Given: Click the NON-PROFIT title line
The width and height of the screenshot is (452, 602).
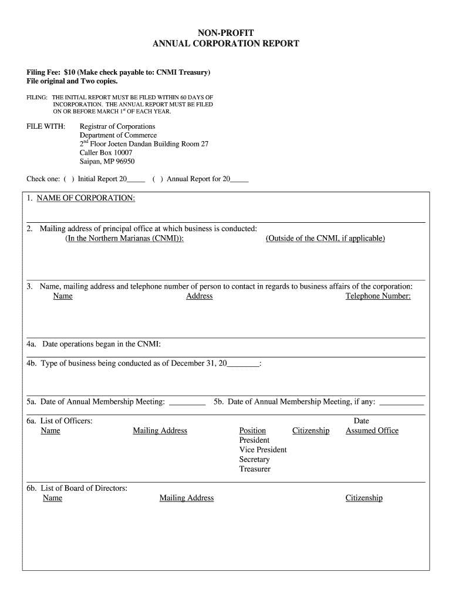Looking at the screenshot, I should [x=226, y=32].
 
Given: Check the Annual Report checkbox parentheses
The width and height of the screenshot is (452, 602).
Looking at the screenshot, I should [x=157, y=179].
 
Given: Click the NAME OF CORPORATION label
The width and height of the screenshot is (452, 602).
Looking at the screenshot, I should [x=86, y=198].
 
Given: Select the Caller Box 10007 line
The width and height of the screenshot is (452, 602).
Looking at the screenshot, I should [x=106, y=153].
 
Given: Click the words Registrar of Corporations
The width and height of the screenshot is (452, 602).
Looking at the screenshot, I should [x=117, y=126].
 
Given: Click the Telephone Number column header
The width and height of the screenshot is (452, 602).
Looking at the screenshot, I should [x=378, y=296].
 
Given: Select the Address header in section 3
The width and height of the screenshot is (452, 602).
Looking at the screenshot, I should [x=199, y=296].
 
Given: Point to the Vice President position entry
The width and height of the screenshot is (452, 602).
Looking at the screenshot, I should [x=263, y=450].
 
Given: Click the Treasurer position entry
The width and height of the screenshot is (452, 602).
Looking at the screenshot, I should [x=255, y=469].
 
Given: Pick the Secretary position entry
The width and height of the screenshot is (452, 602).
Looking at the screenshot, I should [x=254, y=460].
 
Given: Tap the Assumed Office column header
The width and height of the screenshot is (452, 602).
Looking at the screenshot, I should [x=372, y=431].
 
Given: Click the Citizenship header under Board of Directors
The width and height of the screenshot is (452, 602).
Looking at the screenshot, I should [x=364, y=499].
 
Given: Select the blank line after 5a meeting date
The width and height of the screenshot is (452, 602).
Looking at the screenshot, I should [x=187, y=403].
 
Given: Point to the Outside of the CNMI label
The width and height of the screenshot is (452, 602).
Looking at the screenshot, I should [x=325, y=238].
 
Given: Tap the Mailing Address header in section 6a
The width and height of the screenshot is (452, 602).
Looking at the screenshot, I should [x=160, y=431].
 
